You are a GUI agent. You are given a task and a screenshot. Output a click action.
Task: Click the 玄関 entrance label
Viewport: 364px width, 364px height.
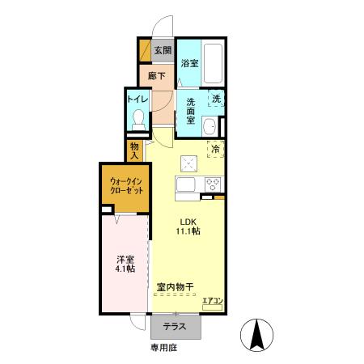click(163, 52)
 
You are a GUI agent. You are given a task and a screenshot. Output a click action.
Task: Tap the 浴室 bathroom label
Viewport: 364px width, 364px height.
click(190, 63)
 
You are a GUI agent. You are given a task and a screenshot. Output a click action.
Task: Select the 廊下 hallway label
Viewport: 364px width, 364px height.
click(157, 77)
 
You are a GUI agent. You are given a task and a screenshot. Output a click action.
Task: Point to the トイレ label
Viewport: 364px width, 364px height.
click(136, 99)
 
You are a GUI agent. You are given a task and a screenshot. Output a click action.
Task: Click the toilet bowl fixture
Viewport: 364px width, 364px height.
click(138, 121)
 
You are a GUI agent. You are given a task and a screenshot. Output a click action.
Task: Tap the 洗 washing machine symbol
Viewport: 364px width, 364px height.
click(216, 99)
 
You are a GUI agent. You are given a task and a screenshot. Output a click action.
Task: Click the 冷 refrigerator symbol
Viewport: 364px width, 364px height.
click(216, 148)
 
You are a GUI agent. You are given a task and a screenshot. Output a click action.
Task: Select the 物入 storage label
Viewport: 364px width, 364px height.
click(135, 150)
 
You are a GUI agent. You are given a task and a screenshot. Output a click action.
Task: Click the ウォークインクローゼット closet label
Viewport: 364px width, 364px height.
click(125, 189)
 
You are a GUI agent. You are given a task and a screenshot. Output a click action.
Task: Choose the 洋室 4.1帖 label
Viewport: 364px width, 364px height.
click(125, 265)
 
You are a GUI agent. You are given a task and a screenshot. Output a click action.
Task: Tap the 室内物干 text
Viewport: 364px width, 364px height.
click(174, 287)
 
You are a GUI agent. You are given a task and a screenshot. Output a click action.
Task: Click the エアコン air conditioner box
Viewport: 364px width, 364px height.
click(213, 301)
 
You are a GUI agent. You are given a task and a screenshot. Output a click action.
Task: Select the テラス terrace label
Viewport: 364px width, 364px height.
click(175, 328)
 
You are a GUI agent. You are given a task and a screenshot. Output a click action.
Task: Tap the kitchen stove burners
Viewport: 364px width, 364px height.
click(214, 183)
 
